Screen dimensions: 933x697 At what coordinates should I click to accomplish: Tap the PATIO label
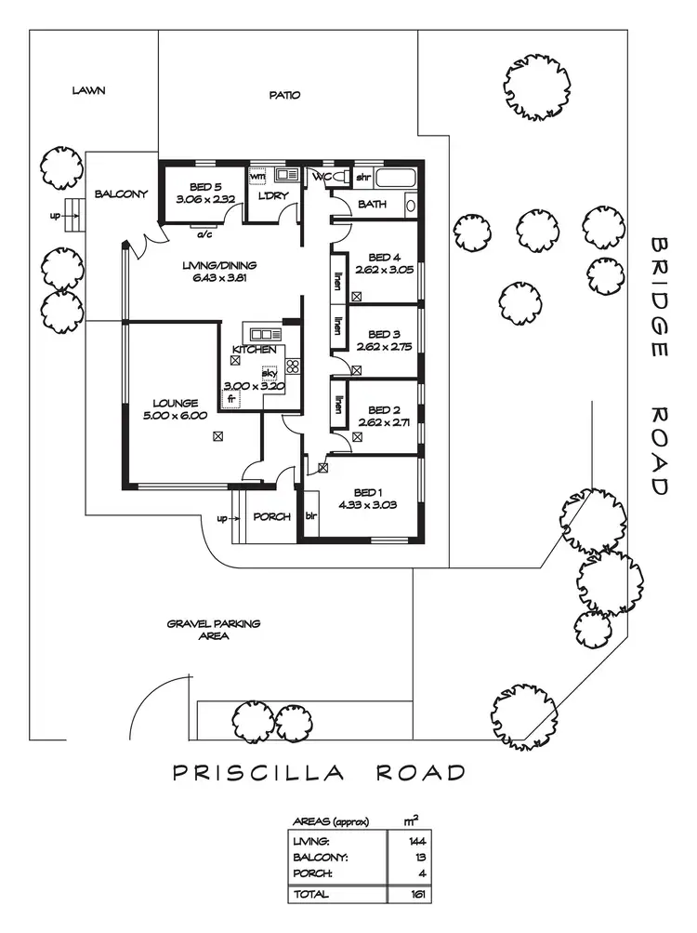click(284, 95)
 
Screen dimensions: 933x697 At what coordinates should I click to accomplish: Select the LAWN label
click(89, 91)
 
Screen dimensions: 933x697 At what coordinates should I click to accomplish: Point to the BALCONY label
click(121, 194)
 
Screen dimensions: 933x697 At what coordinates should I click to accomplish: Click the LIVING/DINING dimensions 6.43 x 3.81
click(218, 277)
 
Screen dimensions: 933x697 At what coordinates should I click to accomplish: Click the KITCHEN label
click(254, 350)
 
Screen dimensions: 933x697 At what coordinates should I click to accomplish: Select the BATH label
click(373, 205)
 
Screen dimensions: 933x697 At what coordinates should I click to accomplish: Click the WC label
click(322, 176)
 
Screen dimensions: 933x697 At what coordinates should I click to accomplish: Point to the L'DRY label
click(270, 195)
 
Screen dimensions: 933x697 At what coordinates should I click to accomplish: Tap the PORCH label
click(272, 517)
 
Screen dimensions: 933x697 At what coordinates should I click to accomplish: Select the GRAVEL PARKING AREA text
click(214, 631)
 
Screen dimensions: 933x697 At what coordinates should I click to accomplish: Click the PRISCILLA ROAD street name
click(319, 773)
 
